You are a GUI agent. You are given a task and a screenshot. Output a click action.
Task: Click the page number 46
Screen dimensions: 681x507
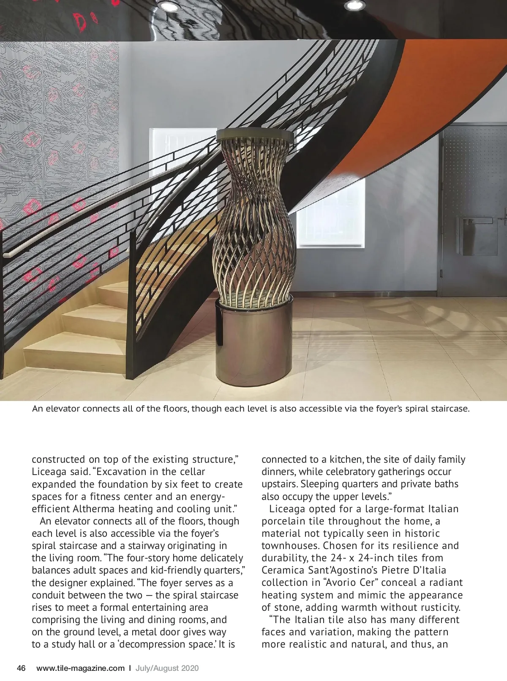(21, 668)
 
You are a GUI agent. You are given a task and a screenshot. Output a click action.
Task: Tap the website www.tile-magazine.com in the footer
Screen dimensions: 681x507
(80, 668)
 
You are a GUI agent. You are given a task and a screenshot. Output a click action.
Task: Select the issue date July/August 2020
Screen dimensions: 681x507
(167, 668)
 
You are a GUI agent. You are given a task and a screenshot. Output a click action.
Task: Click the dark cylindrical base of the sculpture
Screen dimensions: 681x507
(253, 343)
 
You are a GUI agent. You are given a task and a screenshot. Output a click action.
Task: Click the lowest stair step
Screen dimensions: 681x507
(76, 353)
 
